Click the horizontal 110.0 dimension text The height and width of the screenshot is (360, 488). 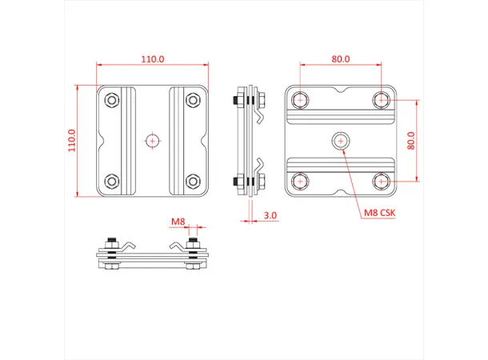coord(153,59)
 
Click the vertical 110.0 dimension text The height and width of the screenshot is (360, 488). coord(71,141)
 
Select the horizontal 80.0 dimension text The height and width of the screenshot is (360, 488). coord(342,59)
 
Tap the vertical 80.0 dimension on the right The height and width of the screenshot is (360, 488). coord(410,141)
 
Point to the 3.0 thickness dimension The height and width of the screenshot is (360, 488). coord(270,215)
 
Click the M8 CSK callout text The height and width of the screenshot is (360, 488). coord(380,212)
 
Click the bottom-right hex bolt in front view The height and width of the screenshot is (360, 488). coord(192,180)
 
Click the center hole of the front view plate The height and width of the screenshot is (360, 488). coord(152,140)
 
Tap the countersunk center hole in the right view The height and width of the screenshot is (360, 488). coord(341,141)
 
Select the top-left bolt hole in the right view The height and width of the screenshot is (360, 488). coord(300,100)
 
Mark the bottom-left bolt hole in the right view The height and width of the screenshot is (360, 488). coord(300,181)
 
